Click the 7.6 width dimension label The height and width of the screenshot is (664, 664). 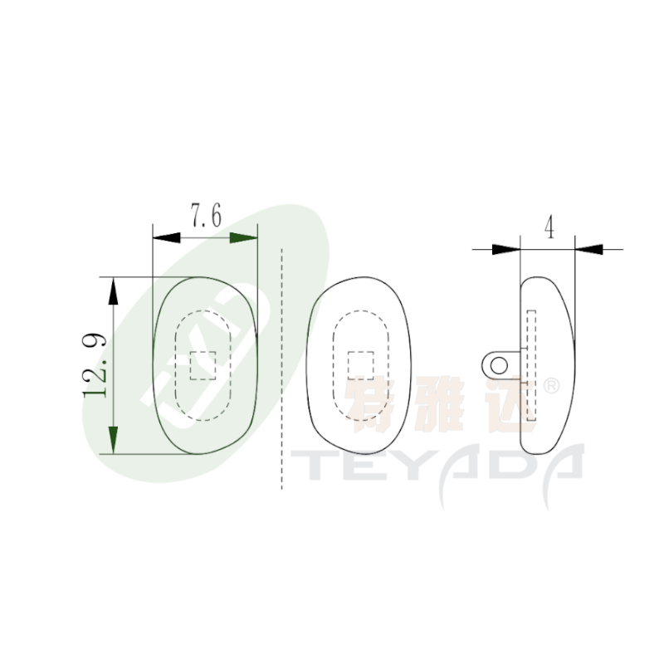(x=206, y=216)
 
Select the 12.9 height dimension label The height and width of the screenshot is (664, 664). (x=95, y=365)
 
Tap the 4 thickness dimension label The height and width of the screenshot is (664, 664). (x=549, y=227)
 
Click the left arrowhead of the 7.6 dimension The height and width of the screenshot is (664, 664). (x=167, y=237)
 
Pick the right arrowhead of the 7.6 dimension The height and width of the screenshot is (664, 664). (x=243, y=237)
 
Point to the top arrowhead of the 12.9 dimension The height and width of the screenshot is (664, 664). (x=113, y=291)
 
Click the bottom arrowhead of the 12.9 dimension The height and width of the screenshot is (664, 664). (x=113, y=441)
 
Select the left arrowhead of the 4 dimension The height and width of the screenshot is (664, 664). (x=506, y=250)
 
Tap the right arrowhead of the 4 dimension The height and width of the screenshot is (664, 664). (x=588, y=250)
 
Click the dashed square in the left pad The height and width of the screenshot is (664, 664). (x=203, y=365)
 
